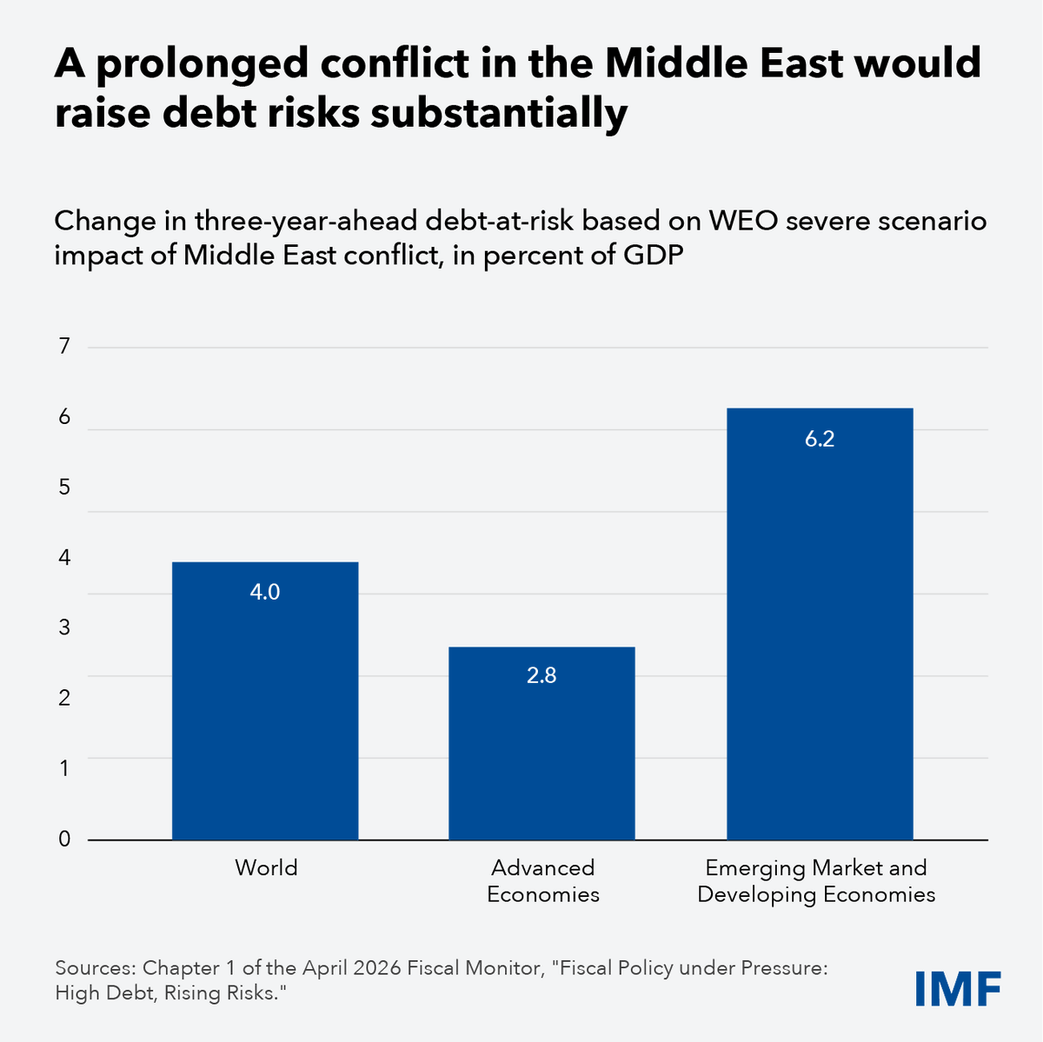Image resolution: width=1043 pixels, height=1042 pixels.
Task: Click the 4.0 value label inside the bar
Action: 265,592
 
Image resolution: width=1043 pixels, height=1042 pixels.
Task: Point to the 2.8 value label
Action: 541,675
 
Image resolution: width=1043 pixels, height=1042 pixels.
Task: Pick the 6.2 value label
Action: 819,439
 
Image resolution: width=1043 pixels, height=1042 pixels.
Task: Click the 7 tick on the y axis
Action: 63,347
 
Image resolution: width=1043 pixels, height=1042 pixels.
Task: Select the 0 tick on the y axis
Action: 63,839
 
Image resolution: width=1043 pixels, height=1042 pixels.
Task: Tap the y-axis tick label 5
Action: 63,488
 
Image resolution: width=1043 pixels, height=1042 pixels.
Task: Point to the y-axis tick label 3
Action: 63,627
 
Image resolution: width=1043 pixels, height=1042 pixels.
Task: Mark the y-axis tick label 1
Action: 63,768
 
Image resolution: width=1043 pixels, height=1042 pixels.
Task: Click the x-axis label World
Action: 266,867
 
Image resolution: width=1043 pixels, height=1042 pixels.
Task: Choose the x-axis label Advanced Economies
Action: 542,880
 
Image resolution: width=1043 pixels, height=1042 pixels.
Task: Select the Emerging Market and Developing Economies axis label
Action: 816,880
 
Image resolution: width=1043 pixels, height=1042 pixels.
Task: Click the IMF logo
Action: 957,988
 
